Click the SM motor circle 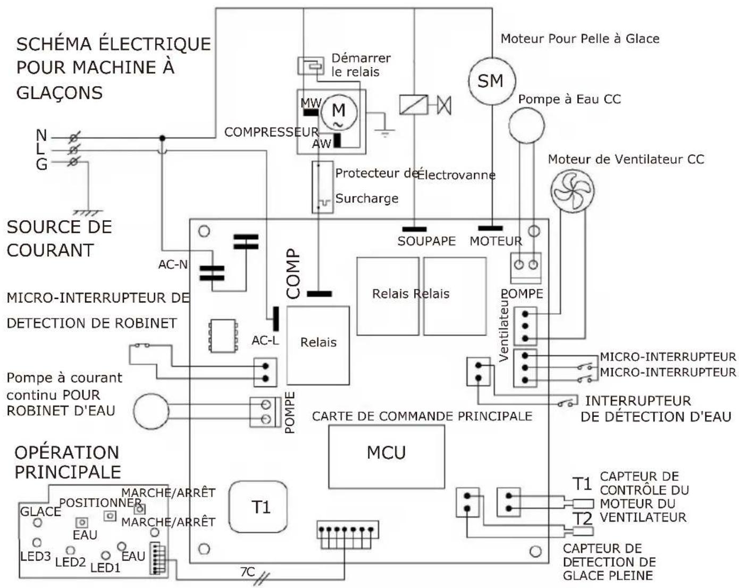pyautogui.click(x=492, y=81)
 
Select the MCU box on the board pyautogui.click(x=387, y=457)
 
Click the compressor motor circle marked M pyautogui.click(x=339, y=112)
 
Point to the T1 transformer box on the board pyautogui.click(x=258, y=507)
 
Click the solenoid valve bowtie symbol pyautogui.click(x=444, y=105)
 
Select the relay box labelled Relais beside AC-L pyautogui.click(x=318, y=346)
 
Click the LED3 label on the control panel pyautogui.click(x=36, y=557)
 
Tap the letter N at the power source pyautogui.click(x=41, y=135)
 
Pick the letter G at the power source pyautogui.click(x=41, y=164)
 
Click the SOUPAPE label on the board pyautogui.click(x=426, y=241)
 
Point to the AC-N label pyautogui.click(x=173, y=264)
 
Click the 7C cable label pyautogui.click(x=247, y=572)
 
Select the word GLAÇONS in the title pyautogui.click(x=60, y=93)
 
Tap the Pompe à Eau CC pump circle pyautogui.click(x=526, y=125)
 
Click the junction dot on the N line pyautogui.click(x=163, y=138)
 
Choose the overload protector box pyautogui.click(x=323, y=187)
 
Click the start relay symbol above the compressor pyautogui.click(x=310, y=65)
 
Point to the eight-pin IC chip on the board pyautogui.click(x=223, y=335)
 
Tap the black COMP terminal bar pyautogui.click(x=320, y=293)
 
